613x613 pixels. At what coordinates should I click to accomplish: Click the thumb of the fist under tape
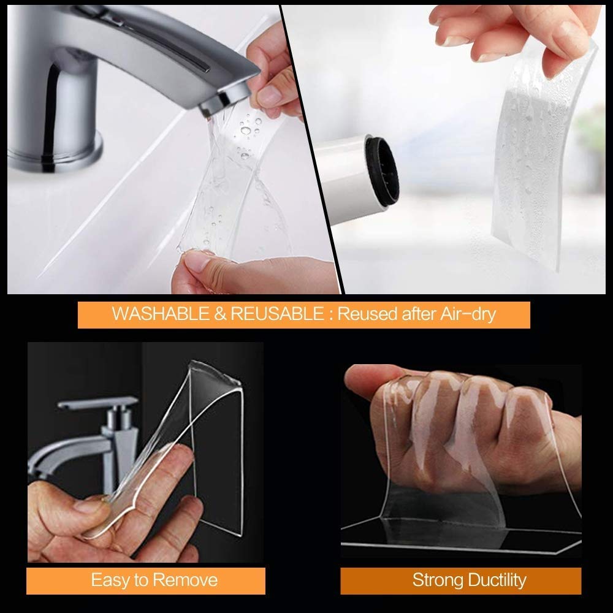coord(374,380)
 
